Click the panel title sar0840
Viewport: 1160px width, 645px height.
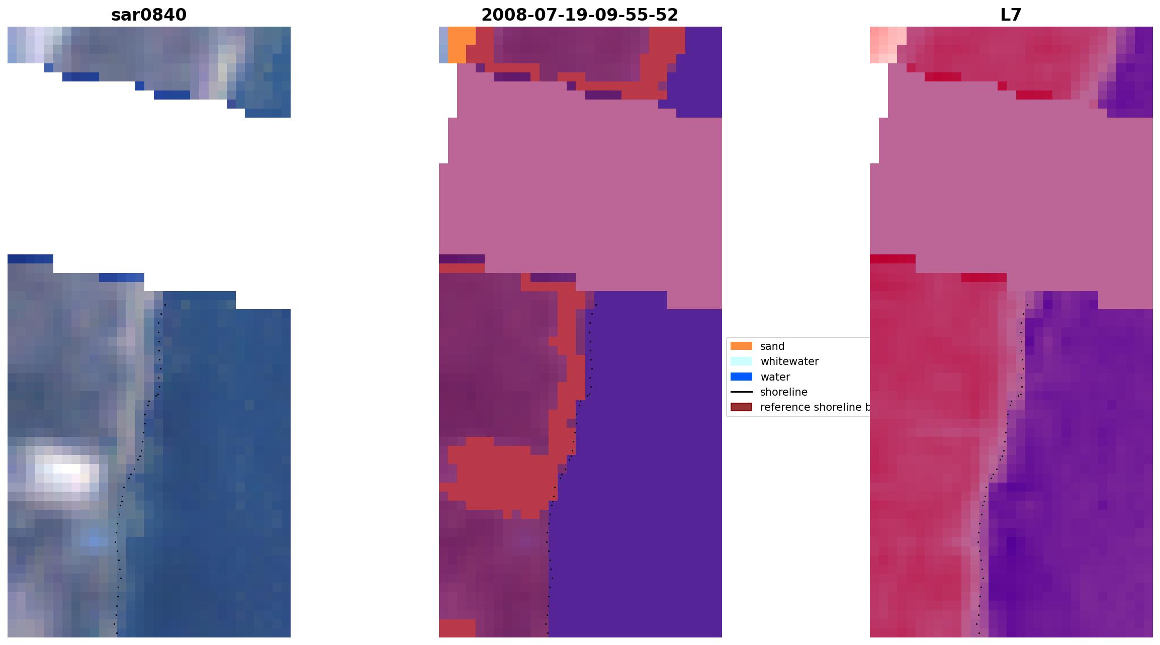pyautogui.click(x=149, y=15)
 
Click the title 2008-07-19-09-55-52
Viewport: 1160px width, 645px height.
pyautogui.click(x=580, y=15)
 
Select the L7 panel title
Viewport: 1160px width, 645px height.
pyautogui.click(x=1011, y=15)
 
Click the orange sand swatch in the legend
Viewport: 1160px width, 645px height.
pyautogui.click(x=741, y=346)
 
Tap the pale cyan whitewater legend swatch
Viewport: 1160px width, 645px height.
pyautogui.click(x=741, y=361)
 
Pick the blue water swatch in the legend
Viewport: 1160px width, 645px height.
pyautogui.click(x=741, y=377)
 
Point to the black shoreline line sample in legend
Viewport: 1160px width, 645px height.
pyautogui.click(x=741, y=392)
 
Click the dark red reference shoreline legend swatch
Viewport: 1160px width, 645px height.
pyautogui.click(x=741, y=407)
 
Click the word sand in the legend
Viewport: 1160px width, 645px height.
pyautogui.click(x=772, y=346)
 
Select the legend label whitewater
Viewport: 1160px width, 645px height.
pyautogui.click(x=789, y=361)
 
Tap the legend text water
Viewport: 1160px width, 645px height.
pyautogui.click(x=775, y=377)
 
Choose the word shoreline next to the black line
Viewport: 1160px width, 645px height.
pyautogui.click(x=783, y=392)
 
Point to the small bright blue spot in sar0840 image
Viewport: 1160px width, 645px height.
pyautogui.click(x=95, y=541)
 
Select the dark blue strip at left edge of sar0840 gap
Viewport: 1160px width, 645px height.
pyautogui.click(x=30, y=259)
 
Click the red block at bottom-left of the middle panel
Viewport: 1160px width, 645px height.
pyautogui.click(x=457, y=628)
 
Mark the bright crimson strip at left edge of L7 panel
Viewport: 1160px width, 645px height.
pyautogui.click(x=892, y=259)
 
